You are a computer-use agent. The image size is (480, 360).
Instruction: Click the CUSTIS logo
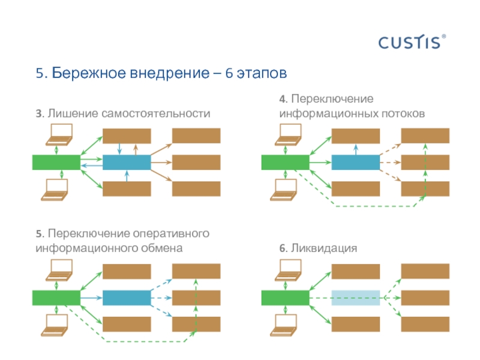click(412, 42)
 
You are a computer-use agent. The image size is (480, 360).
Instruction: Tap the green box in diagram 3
click(56, 162)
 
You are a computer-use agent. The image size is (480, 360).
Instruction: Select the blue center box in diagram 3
click(127, 162)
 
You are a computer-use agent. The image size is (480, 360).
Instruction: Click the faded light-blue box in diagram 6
click(356, 298)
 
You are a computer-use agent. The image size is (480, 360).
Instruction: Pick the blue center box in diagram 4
click(356, 162)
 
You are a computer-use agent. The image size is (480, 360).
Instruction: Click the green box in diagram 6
click(286, 298)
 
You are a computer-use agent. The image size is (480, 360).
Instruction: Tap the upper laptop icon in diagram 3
click(59, 133)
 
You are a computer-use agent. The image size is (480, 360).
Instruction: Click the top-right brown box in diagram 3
click(196, 136)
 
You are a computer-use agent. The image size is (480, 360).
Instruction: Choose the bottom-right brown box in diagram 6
click(425, 324)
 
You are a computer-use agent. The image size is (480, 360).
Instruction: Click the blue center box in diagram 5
click(127, 298)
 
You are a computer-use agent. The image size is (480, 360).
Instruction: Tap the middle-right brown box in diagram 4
click(425, 162)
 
